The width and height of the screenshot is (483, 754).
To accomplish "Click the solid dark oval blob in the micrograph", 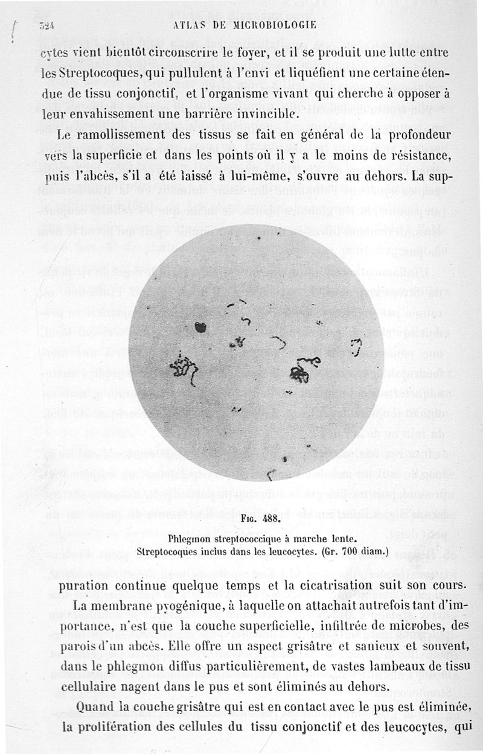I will [201, 328].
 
